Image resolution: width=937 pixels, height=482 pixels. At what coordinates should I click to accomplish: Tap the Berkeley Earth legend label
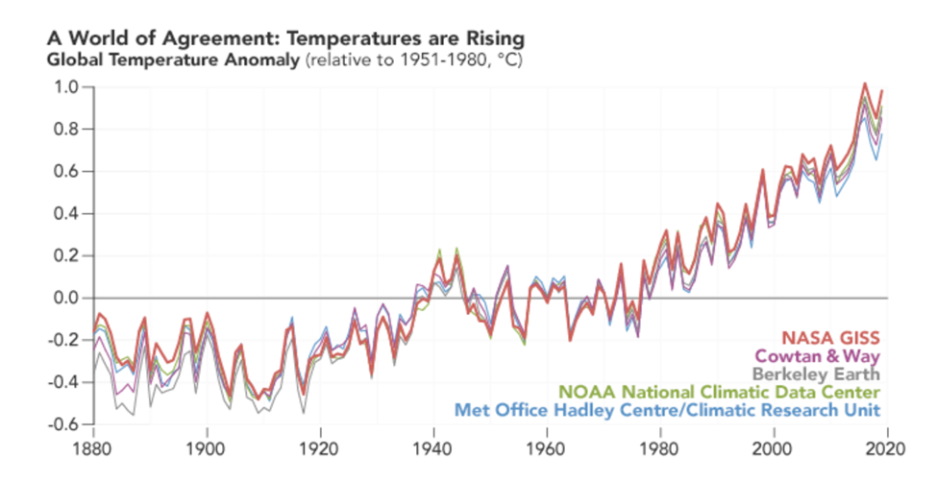(x=816, y=374)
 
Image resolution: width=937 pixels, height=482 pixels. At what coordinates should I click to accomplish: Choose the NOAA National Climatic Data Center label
(x=720, y=392)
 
